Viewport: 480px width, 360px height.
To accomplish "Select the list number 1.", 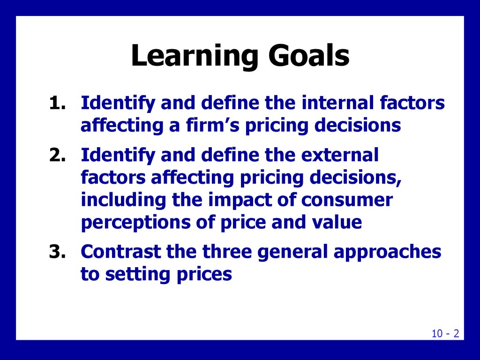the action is click(x=58, y=103).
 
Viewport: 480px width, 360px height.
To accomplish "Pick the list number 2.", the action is click(x=58, y=155).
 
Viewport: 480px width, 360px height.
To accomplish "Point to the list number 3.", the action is click(x=58, y=252).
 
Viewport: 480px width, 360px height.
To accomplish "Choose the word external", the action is click(x=340, y=155).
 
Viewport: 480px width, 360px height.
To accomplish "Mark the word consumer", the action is click(x=347, y=200).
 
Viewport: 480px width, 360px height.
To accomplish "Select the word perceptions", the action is click(x=136, y=223).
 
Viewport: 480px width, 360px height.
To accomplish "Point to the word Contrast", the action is click(x=121, y=251).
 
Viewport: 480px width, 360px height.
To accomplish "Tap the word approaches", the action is click(x=387, y=252).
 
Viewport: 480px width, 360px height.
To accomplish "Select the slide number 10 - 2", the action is click(x=445, y=333).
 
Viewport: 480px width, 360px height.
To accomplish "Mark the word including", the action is click(x=123, y=200).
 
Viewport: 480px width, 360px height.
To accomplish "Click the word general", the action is click(x=292, y=252).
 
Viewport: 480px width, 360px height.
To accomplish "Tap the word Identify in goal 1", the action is click(x=118, y=103).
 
